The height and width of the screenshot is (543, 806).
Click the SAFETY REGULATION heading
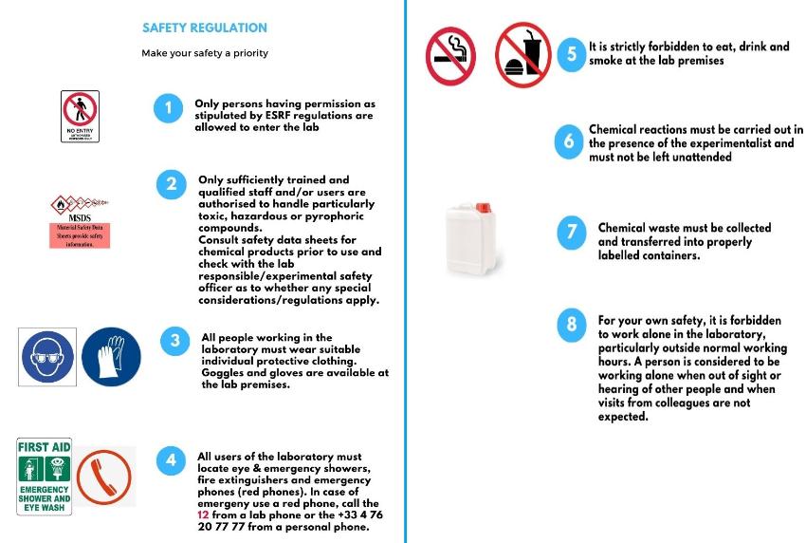(x=204, y=28)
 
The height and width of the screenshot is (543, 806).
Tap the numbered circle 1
(x=168, y=108)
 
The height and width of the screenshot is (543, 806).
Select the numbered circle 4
(x=171, y=461)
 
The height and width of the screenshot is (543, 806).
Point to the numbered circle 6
(x=568, y=142)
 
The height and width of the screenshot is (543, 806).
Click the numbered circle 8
(x=571, y=326)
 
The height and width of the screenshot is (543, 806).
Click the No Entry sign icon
(x=80, y=116)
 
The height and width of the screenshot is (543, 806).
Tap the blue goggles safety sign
(x=47, y=357)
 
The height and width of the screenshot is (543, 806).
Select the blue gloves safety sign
(x=111, y=357)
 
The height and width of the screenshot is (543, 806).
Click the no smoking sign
(x=449, y=55)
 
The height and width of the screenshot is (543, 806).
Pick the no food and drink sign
(x=522, y=55)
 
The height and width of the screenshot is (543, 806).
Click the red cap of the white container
(x=482, y=206)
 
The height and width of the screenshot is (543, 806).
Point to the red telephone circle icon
(x=103, y=477)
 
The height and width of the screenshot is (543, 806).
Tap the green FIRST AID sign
(x=45, y=476)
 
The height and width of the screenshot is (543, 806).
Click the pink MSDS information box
(x=80, y=235)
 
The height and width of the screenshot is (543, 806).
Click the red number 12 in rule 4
(x=203, y=514)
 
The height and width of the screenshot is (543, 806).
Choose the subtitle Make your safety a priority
(x=204, y=53)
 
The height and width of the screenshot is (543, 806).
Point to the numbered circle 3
(x=174, y=342)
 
